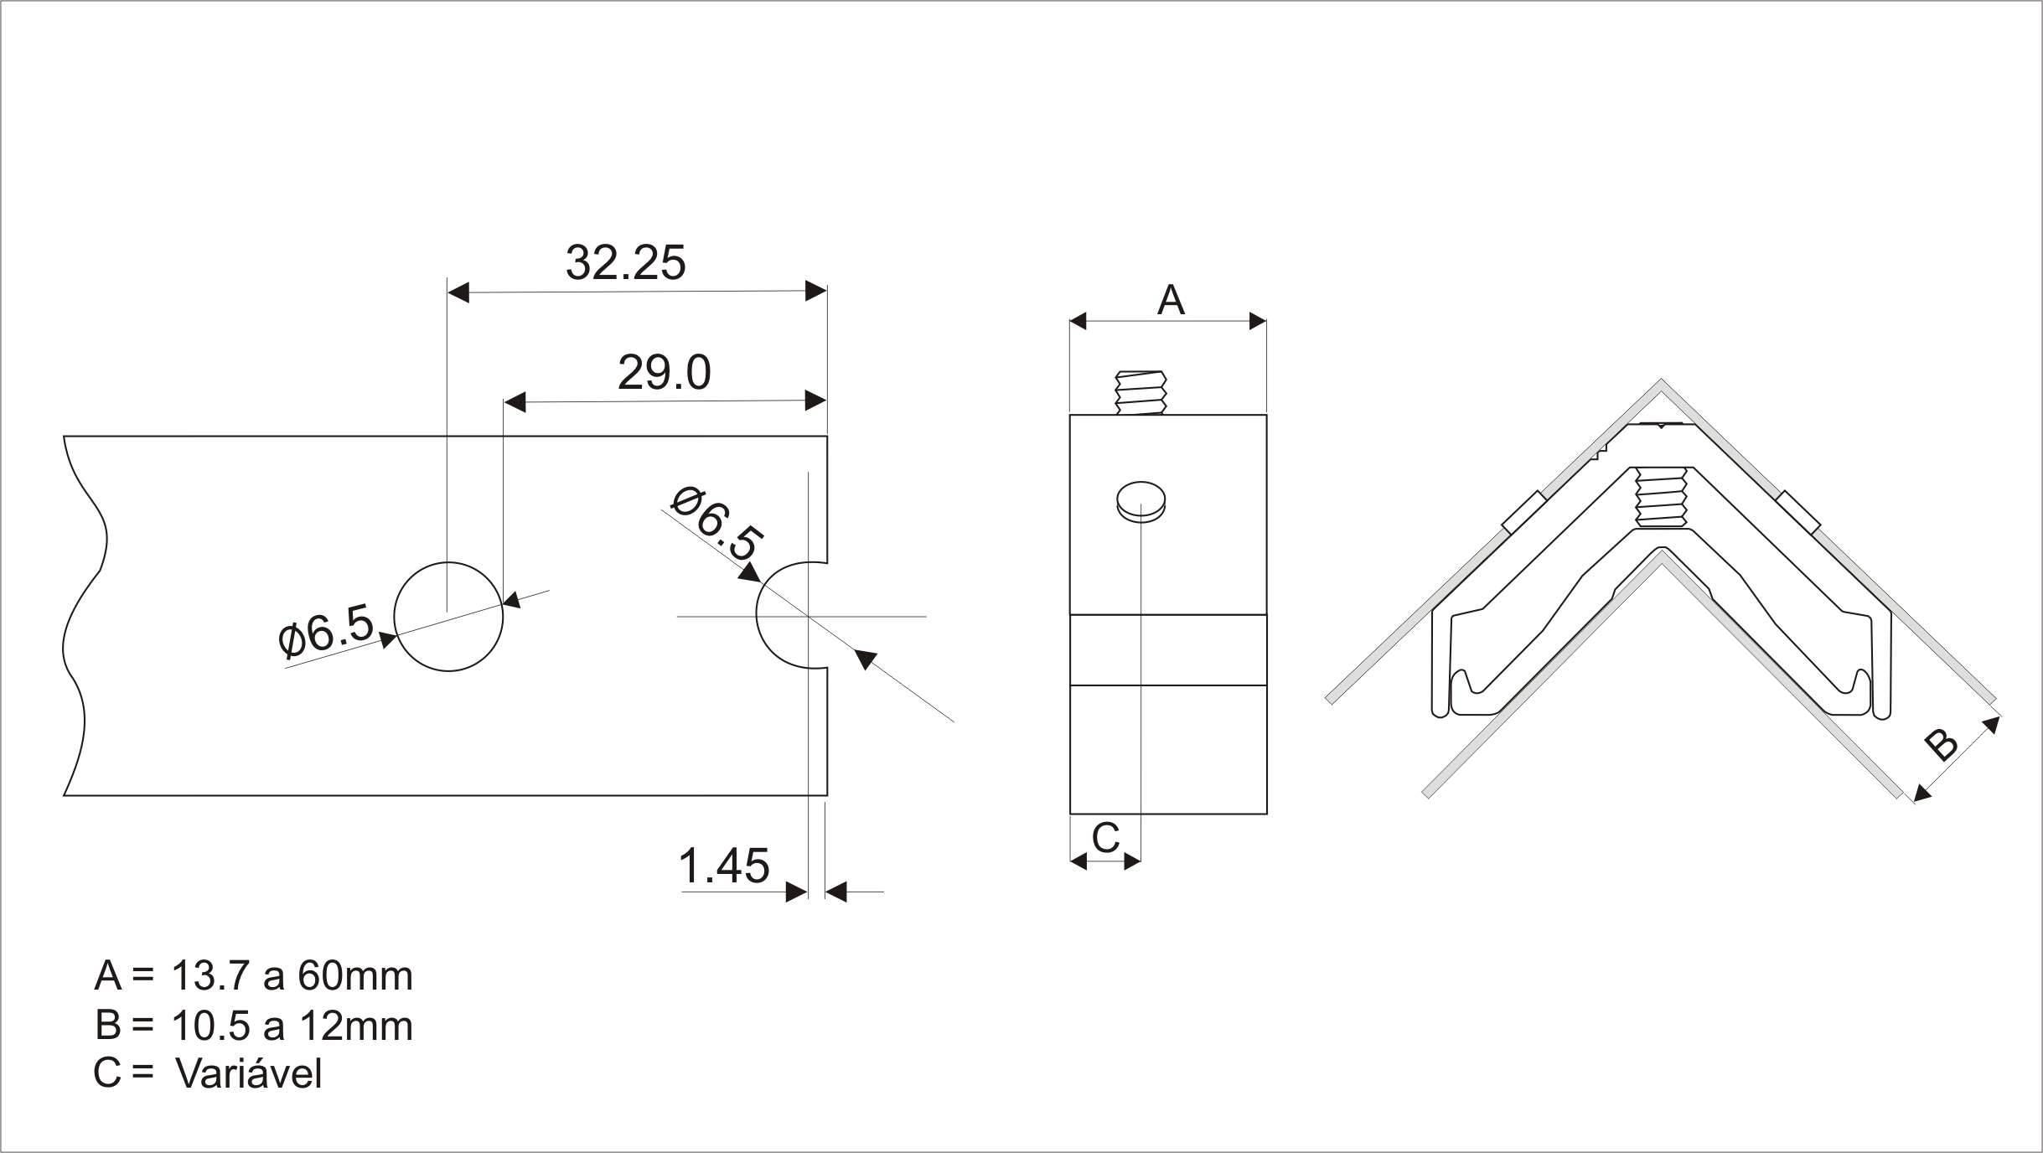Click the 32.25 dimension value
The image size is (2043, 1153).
[625, 262]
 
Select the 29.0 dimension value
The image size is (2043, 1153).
[665, 373]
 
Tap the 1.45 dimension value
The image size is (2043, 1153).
[723, 866]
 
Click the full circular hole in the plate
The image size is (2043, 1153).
[449, 562]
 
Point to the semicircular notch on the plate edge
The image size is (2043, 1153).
[758, 616]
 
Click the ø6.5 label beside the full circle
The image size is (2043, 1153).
[327, 629]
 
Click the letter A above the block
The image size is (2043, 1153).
[1171, 299]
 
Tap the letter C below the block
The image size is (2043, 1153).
[1106, 837]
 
